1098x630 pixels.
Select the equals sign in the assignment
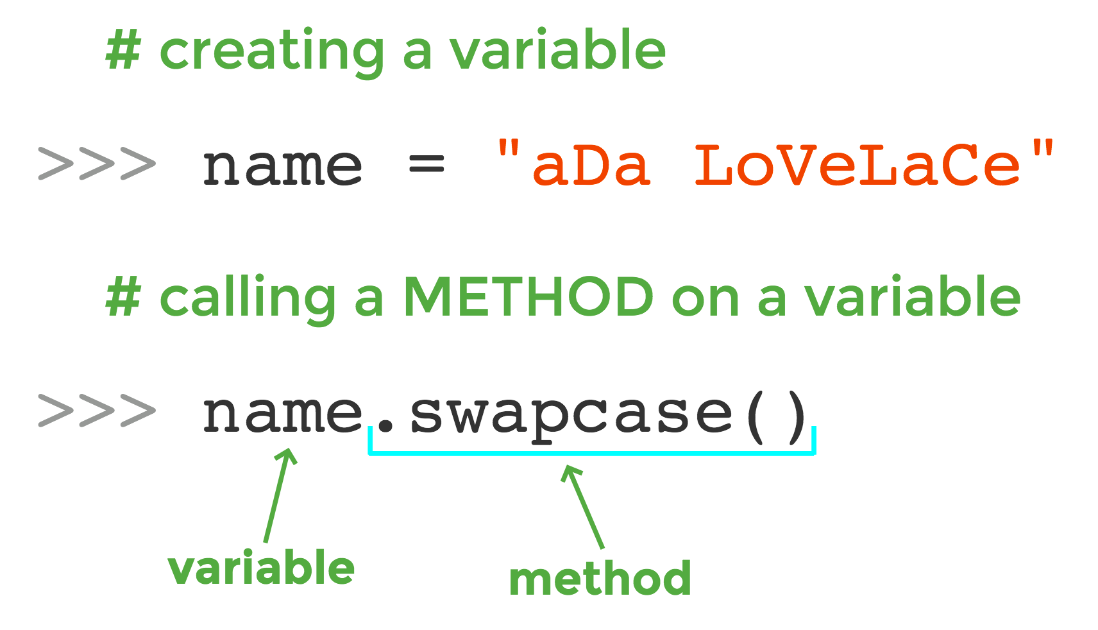[x=427, y=165]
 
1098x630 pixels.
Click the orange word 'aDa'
[x=591, y=166]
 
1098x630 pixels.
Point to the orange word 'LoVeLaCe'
[x=857, y=166]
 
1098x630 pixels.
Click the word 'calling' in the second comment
[x=247, y=299]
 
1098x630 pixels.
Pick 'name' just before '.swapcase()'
[x=283, y=414]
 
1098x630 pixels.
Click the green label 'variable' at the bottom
[x=261, y=568]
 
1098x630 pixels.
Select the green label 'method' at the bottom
[x=600, y=579]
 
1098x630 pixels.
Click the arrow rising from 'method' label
[x=584, y=507]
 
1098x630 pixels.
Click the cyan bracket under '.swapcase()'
[x=591, y=454]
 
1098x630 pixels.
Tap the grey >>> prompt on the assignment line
[x=96, y=164]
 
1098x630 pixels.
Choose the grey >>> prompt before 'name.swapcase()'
[x=96, y=411]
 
